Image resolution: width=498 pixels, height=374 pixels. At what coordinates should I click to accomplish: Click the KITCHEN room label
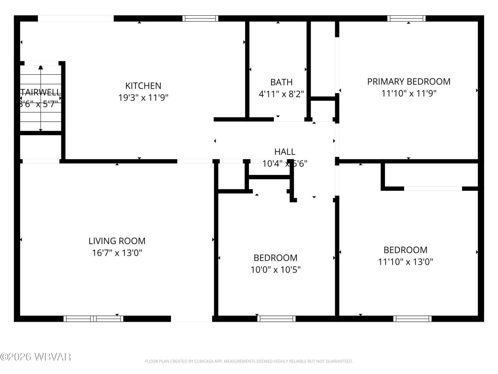click(x=143, y=86)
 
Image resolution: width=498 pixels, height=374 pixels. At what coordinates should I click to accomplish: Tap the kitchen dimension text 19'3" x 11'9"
click(x=143, y=97)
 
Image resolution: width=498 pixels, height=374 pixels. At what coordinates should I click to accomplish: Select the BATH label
click(x=281, y=82)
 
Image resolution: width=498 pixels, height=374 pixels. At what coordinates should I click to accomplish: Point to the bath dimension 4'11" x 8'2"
click(x=281, y=94)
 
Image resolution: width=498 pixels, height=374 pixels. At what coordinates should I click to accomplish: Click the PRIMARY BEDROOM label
click(x=408, y=82)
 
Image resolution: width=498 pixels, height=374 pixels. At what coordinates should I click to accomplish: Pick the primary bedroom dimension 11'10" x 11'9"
click(x=408, y=93)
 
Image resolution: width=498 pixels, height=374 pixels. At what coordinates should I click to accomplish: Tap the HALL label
click(x=285, y=152)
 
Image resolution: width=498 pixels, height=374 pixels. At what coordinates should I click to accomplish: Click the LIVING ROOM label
click(x=117, y=241)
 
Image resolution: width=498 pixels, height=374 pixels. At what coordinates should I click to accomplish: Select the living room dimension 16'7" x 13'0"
click(x=117, y=253)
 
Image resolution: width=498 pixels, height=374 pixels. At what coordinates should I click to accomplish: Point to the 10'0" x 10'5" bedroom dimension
click(x=275, y=269)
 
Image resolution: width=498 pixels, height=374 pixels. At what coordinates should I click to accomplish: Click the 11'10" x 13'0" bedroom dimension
click(x=405, y=262)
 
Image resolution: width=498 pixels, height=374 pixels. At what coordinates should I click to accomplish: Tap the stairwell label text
click(x=40, y=92)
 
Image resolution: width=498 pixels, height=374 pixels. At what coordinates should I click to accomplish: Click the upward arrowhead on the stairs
click(x=41, y=68)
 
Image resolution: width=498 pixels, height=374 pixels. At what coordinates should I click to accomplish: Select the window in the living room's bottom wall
click(x=93, y=318)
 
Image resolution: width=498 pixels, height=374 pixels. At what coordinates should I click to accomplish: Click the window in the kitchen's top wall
click(x=201, y=18)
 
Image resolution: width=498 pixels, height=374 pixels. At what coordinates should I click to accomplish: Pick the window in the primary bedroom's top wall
click(x=407, y=18)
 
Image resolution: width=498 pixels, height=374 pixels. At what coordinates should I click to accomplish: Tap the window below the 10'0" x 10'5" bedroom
click(x=276, y=318)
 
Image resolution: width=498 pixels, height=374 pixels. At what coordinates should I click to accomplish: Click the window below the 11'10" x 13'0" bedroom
click(x=412, y=318)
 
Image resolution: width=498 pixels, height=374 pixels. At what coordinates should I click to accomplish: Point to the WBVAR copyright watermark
click(x=36, y=357)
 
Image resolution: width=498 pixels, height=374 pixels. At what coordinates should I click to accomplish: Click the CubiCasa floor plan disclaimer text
click(x=249, y=361)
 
